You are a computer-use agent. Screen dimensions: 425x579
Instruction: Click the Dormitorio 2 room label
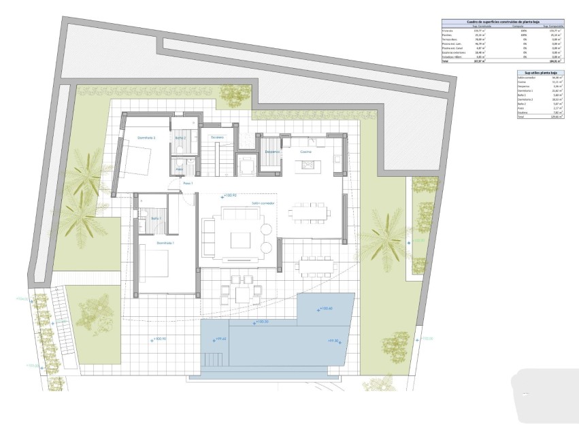[x=146, y=138]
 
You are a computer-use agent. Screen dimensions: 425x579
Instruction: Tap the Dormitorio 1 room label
[x=165, y=243]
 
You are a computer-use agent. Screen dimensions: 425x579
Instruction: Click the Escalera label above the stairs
[x=217, y=137]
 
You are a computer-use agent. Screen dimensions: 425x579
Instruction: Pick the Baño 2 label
[x=180, y=138]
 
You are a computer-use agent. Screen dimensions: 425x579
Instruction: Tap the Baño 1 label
[x=155, y=218]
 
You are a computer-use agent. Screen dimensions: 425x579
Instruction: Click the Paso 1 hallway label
[x=188, y=184]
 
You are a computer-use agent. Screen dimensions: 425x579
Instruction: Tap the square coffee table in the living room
[x=241, y=241]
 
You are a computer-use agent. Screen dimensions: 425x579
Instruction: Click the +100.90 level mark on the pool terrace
[x=159, y=338]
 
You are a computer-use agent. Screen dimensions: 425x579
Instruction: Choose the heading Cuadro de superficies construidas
[x=503, y=22]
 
